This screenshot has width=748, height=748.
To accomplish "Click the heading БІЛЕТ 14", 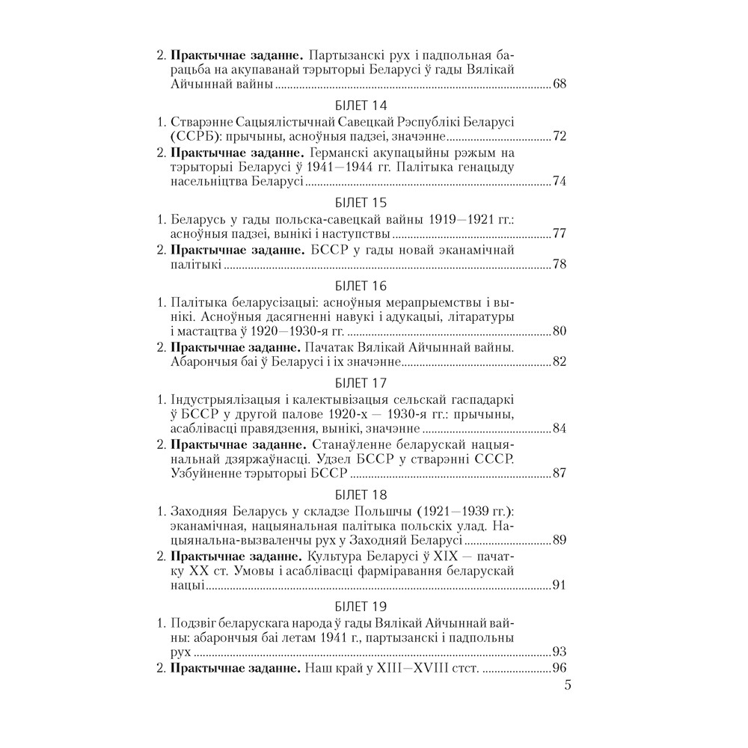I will [x=361, y=105].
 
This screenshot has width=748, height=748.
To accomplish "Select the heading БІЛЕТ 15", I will [x=361, y=203].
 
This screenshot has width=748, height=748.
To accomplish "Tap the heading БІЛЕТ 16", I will [x=361, y=286].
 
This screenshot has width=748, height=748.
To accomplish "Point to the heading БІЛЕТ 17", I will [x=361, y=384].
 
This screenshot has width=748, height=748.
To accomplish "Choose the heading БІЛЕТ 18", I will [x=361, y=494].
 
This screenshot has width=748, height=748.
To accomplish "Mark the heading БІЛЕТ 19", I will [x=361, y=605].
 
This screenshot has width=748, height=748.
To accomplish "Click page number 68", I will [x=560, y=84].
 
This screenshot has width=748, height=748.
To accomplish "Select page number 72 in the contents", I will [x=560, y=137].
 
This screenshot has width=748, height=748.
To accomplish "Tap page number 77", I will [x=560, y=234].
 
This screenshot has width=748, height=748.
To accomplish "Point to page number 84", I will [x=560, y=429].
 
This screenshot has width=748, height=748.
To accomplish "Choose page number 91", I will [x=560, y=584].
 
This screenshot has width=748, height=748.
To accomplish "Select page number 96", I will [x=560, y=668].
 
